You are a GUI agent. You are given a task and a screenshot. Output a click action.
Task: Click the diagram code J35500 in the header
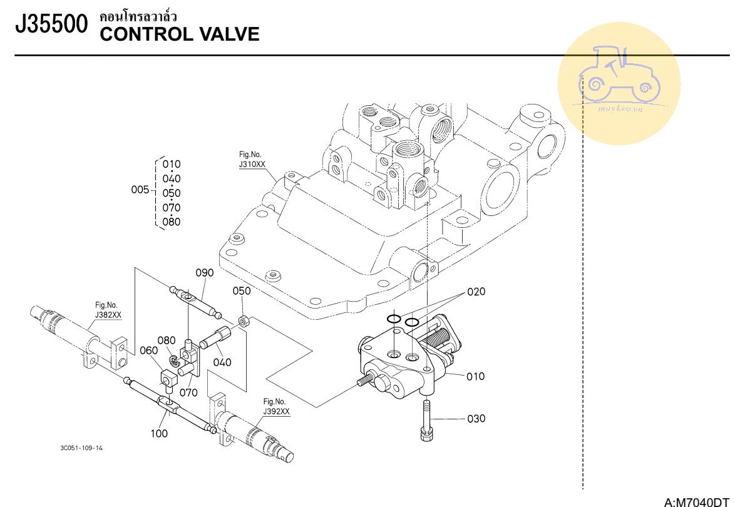point(51,25)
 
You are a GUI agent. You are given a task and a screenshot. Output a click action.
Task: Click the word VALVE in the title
point(229,34)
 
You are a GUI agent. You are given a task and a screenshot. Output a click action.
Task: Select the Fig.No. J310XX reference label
point(252,160)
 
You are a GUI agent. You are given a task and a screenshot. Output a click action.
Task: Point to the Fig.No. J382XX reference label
point(108,310)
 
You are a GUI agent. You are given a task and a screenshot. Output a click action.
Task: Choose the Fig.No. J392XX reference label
point(276,406)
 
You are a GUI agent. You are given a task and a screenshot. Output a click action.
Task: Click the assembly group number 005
point(140,190)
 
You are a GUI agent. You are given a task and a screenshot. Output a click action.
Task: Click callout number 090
point(204,273)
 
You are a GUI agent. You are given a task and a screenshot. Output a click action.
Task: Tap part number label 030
point(476,419)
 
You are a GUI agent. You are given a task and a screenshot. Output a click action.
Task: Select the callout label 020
point(476,292)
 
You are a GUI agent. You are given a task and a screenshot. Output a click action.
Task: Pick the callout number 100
point(160,433)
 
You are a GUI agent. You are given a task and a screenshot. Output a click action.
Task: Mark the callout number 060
point(148,351)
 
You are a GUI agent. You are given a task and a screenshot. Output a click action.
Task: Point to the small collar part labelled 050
point(244,322)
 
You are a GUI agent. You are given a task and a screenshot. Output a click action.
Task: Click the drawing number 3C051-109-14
point(81,448)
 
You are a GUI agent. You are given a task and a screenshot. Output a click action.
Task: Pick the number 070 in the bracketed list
point(171,207)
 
